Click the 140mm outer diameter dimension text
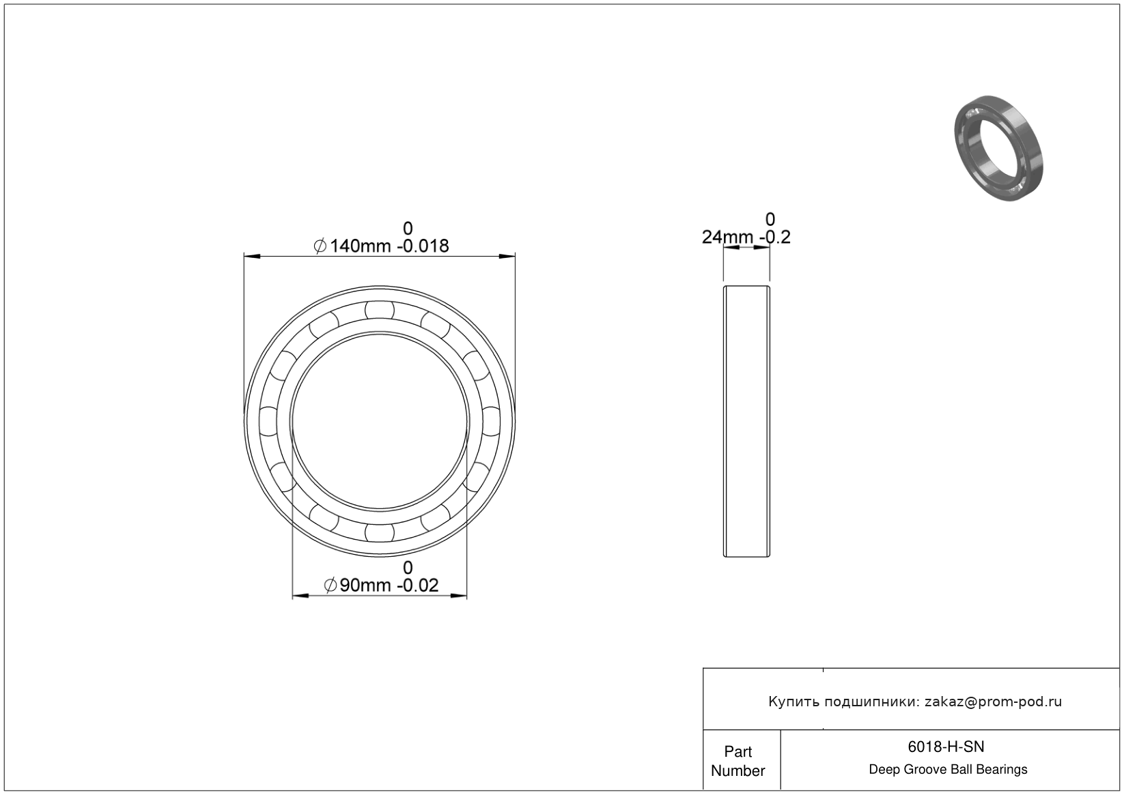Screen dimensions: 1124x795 pyautogui.click(x=360, y=246)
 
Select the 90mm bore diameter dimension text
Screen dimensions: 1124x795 pyautogui.click(x=365, y=585)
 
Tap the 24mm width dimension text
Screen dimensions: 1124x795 pyautogui.click(x=727, y=237)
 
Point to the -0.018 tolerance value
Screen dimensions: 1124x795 pyautogui.click(x=423, y=246)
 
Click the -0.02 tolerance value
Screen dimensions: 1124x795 pyautogui.click(x=417, y=585)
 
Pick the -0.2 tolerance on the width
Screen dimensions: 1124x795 pyautogui.click(x=775, y=237)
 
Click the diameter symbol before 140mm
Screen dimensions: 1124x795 pyautogui.click(x=320, y=246)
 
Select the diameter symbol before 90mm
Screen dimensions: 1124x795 pyautogui.click(x=331, y=585)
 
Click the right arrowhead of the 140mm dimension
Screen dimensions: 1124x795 pyautogui.click(x=507, y=257)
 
